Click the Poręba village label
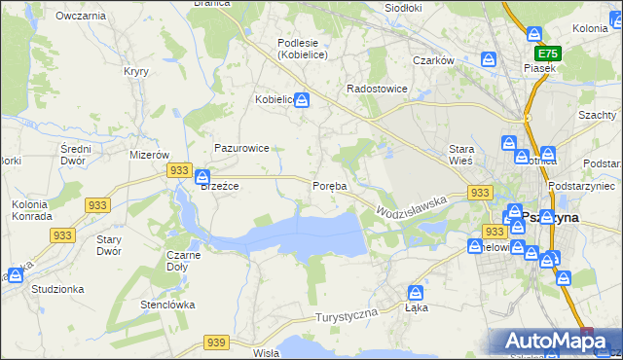pos(329,186)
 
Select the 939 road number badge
pos(216,342)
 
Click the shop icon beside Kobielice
pos(303,99)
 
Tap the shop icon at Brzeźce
pos(202,178)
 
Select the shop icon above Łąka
pos(416,292)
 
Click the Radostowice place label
pos(377,89)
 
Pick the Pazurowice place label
pos(241,148)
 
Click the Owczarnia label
pos(81,17)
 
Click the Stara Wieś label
pos(459,155)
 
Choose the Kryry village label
pos(135,71)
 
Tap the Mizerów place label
pos(150,155)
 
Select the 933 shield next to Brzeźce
pos(178,170)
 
